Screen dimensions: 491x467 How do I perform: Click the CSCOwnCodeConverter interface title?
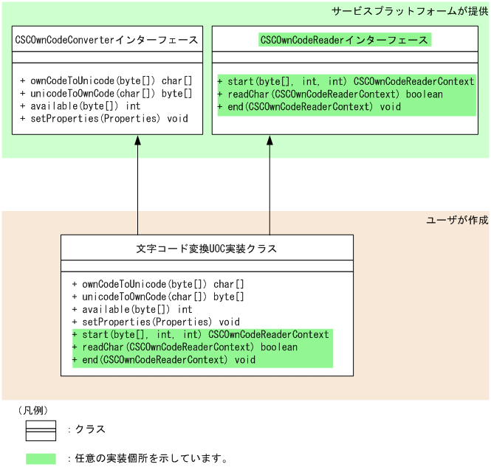pyautogui.click(x=106, y=40)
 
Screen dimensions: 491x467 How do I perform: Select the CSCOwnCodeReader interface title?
pyautogui.click(x=344, y=40)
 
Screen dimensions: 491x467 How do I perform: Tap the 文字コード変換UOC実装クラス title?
pyautogui.click(x=207, y=249)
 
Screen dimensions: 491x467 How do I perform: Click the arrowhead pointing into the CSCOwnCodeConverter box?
pyautogui.click(x=137, y=140)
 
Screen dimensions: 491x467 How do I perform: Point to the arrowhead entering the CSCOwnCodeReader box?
pyautogui.click(x=269, y=140)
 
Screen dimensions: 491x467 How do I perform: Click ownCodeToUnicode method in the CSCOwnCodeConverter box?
pyautogui.click(x=106, y=80)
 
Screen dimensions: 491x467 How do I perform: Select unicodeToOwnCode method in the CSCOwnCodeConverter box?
pyautogui.click(x=106, y=94)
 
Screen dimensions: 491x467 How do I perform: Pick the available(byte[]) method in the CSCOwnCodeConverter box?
pyautogui.click(x=80, y=106)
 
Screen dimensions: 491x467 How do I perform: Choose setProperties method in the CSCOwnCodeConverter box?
pyautogui.click(x=104, y=119)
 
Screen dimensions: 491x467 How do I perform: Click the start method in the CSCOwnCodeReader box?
pyautogui.click(x=346, y=81)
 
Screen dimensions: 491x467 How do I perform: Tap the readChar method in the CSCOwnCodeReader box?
pyautogui.click(x=330, y=94)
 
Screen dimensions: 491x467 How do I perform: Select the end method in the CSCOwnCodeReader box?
pyautogui.click(x=309, y=107)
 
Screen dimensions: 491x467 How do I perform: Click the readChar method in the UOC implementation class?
pyautogui.click(x=185, y=347)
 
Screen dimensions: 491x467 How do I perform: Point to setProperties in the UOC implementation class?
pyautogui.click(x=156, y=322)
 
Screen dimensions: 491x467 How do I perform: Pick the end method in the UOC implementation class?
pyautogui.click(x=164, y=360)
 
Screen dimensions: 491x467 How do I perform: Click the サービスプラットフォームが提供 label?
pyautogui.click(x=410, y=11)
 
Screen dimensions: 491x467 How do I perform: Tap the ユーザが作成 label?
pyautogui.click(x=457, y=220)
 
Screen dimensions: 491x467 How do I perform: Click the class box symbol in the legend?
pyautogui.click(x=41, y=431)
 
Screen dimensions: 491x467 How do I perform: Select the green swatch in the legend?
pyautogui.click(x=41, y=459)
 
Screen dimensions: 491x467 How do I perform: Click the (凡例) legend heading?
pyautogui.click(x=33, y=410)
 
